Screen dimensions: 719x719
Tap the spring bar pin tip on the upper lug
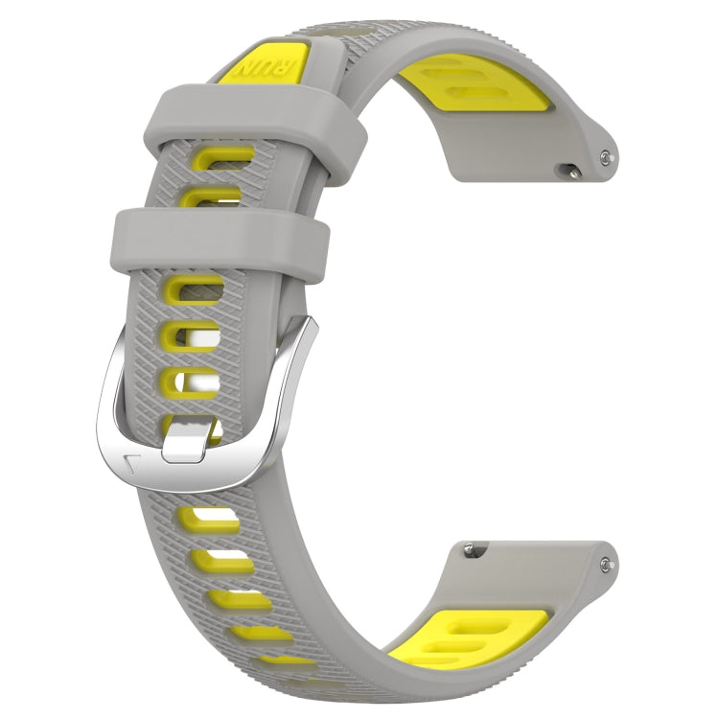[x=605, y=154]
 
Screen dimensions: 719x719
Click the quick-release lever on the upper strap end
[x=571, y=173]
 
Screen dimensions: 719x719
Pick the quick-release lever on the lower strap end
[x=469, y=548]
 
